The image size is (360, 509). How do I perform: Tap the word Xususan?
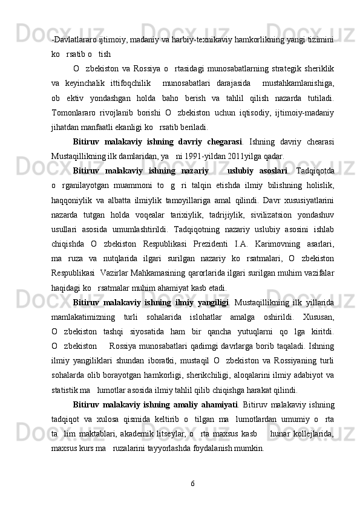click(x=320, y=320)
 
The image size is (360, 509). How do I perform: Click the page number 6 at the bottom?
click(x=192, y=484)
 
